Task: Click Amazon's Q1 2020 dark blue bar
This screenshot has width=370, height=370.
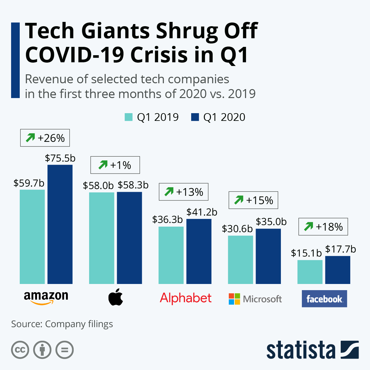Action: point(60,224)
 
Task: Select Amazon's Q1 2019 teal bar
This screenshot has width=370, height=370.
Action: point(32,237)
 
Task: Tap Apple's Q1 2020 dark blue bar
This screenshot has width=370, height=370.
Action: point(129,238)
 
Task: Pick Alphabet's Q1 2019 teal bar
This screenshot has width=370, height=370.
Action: point(171,255)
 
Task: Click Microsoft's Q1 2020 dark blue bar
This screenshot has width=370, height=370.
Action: point(268,256)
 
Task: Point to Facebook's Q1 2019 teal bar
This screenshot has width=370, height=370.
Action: point(310,272)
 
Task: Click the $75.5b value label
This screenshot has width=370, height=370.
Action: point(60,158)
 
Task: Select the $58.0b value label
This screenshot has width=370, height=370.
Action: point(98,185)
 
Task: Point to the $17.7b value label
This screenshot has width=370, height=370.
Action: point(340,249)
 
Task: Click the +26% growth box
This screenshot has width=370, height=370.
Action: point(45,138)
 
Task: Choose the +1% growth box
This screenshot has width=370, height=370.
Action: point(115,165)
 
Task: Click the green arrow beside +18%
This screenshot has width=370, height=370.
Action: point(308,227)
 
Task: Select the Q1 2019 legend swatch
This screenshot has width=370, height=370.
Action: point(129,117)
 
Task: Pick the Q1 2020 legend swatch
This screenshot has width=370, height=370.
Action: point(195,117)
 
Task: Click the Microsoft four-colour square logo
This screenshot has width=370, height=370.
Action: point(234,299)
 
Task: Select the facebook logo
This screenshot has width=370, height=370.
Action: point(324,299)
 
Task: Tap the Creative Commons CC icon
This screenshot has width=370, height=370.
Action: point(20,350)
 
